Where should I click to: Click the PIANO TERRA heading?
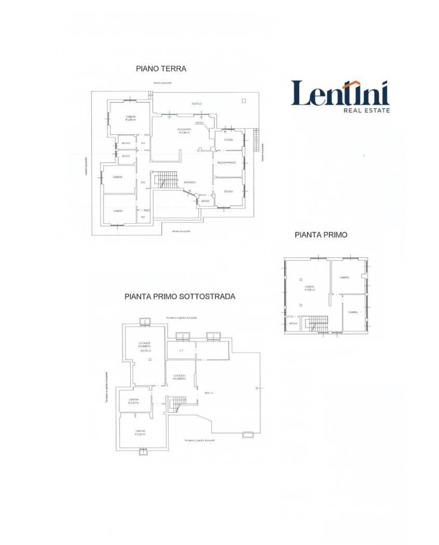pyautogui.click(x=161, y=68)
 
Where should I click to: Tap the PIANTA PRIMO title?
pyautogui.click(x=321, y=235)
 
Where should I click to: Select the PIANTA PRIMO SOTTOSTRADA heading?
pyautogui.click(x=180, y=297)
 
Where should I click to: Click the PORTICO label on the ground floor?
pyautogui.click(x=196, y=104)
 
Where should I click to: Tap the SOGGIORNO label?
pyautogui.click(x=184, y=129)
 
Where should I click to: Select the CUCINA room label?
pyautogui.click(x=229, y=140)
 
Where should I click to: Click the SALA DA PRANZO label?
pyautogui.click(x=227, y=163)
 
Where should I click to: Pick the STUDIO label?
pyautogui.click(x=228, y=192)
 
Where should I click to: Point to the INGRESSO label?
pyautogui.click(x=189, y=182)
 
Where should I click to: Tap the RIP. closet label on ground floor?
pyautogui.click(x=143, y=217)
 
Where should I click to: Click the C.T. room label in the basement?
pyautogui.click(x=181, y=350)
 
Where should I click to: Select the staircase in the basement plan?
pyautogui.click(x=178, y=403)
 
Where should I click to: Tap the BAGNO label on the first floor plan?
pyautogui.click(x=293, y=324)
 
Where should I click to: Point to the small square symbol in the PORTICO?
pyautogui.click(x=243, y=100)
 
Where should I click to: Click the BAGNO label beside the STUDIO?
pyautogui.click(x=205, y=201)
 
